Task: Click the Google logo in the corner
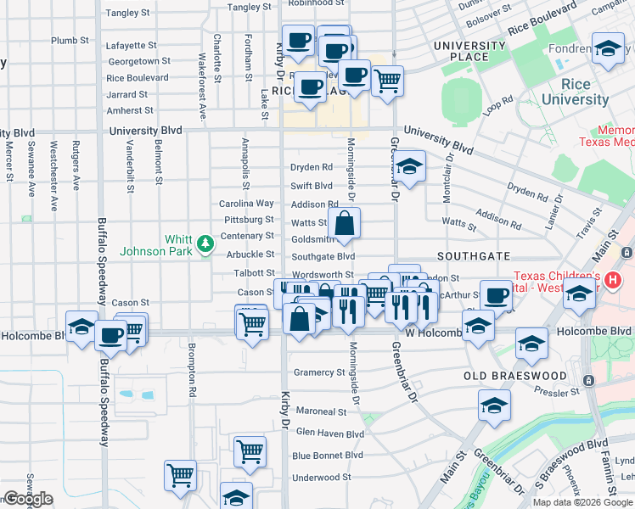click(x=28, y=499)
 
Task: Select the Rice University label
click(x=575, y=92)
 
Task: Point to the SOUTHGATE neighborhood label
click(x=473, y=255)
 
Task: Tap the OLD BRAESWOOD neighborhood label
click(x=514, y=375)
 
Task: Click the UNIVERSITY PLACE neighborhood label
click(x=469, y=51)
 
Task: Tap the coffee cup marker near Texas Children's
click(x=497, y=296)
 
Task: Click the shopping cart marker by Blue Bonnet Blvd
click(x=250, y=451)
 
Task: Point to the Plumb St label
click(x=70, y=41)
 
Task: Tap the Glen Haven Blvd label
click(x=329, y=433)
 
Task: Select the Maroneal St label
click(x=322, y=411)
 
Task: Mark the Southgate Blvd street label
click(x=323, y=256)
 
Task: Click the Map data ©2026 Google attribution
click(x=582, y=502)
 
